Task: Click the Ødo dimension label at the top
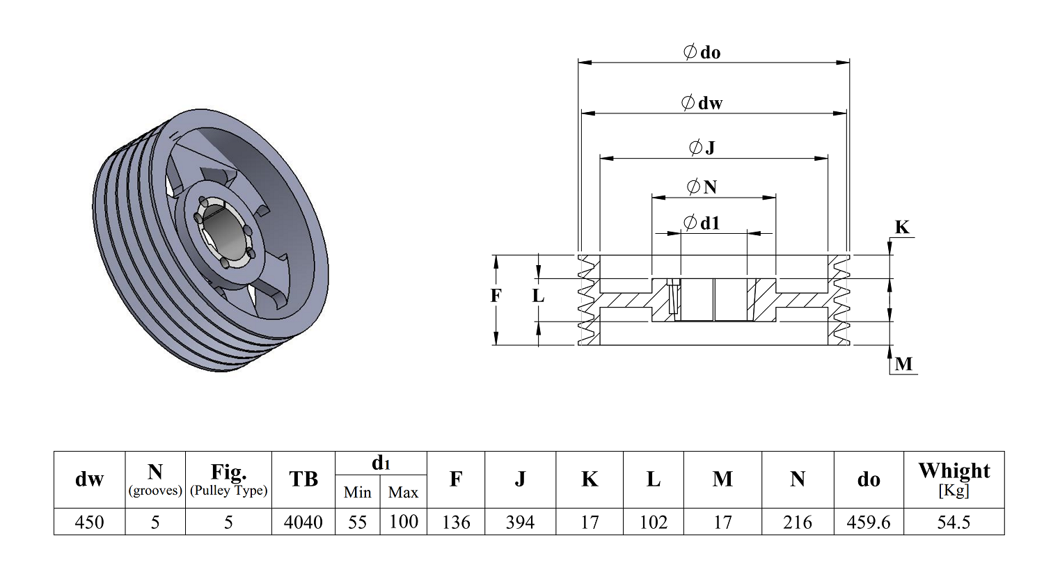click(x=702, y=52)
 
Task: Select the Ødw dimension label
click(x=702, y=102)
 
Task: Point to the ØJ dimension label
click(x=702, y=148)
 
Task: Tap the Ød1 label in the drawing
click(x=702, y=223)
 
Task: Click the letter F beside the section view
click(x=496, y=295)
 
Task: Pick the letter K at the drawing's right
click(x=902, y=228)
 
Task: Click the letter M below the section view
click(x=903, y=364)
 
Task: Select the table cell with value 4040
click(x=303, y=522)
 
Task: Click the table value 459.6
click(x=869, y=522)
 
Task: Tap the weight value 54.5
click(x=954, y=522)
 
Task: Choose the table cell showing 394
click(x=520, y=522)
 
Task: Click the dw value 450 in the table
click(x=90, y=522)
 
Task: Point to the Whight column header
click(x=954, y=479)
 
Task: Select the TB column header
click(x=303, y=479)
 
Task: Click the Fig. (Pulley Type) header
click(x=228, y=479)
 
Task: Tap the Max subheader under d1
click(x=403, y=492)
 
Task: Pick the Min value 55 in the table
click(x=358, y=522)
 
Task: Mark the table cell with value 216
click(x=798, y=522)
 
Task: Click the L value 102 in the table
click(x=654, y=522)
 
